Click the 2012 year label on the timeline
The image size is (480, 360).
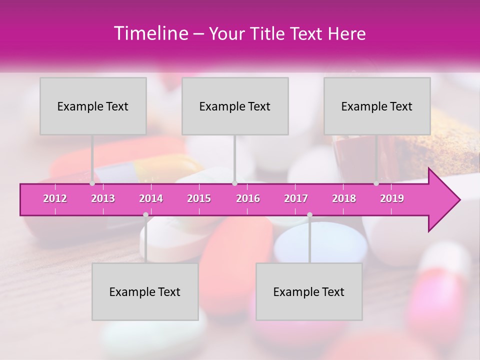(55, 198)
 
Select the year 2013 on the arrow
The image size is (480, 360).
(103, 198)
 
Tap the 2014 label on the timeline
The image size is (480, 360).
(151, 198)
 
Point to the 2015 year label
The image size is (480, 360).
(199, 198)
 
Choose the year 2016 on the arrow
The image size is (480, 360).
(248, 198)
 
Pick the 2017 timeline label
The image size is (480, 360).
(296, 198)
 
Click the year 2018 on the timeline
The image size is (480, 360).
(344, 198)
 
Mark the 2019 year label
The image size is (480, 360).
(392, 198)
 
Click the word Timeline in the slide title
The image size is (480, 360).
(150, 33)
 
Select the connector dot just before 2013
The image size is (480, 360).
(92, 183)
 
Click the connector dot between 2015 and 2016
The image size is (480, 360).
(234, 183)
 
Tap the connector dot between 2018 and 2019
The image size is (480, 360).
(376, 183)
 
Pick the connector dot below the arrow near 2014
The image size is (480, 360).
(145, 215)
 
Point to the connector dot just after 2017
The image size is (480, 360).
(309, 215)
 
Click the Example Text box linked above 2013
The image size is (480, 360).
(93, 106)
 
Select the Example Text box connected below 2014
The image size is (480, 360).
(145, 291)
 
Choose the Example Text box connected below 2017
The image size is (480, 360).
(309, 291)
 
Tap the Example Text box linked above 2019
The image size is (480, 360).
(377, 106)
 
